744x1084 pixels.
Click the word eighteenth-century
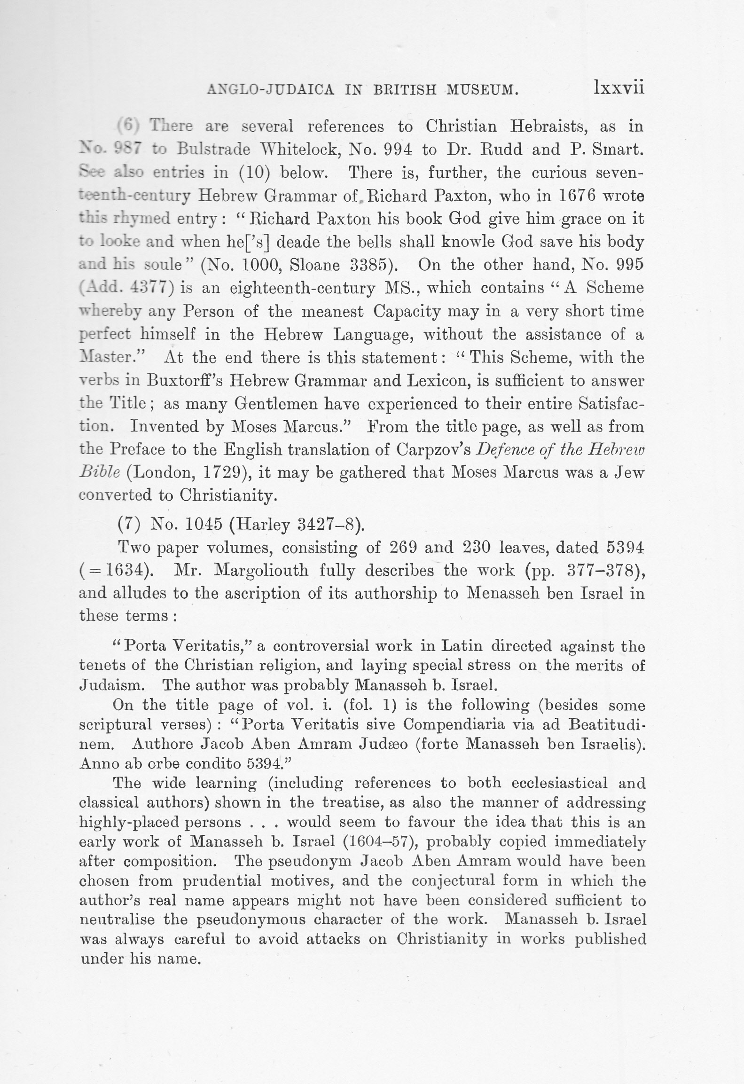(302, 288)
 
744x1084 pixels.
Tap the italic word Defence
(502, 450)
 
